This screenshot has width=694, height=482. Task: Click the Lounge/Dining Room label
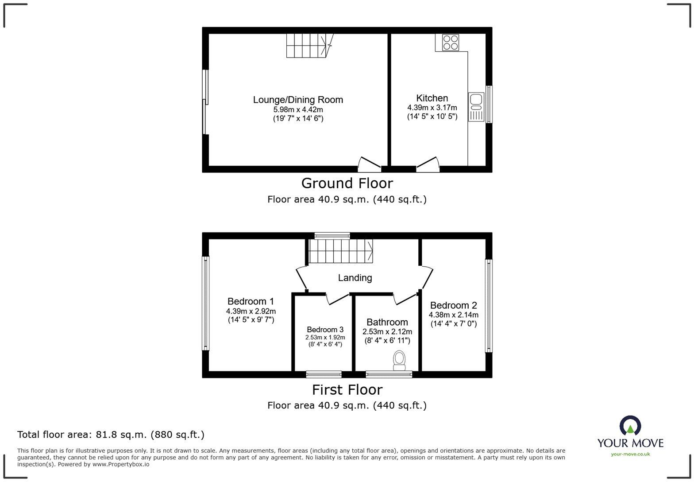pyautogui.click(x=298, y=100)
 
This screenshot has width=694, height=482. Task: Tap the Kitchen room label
pyautogui.click(x=432, y=98)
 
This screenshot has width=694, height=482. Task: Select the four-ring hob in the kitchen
pyautogui.click(x=451, y=43)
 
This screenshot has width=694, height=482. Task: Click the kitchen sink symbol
pyautogui.click(x=476, y=107)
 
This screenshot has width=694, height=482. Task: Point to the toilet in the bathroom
pyautogui.click(x=399, y=360)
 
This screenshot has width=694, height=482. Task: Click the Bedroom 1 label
pyautogui.click(x=251, y=301)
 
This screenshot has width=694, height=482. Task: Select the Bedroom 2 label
pyautogui.click(x=453, y=305)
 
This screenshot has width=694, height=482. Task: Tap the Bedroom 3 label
pyautogui.click(x=325, y=330)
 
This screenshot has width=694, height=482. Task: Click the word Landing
pyautogui.click(x=355, y=278)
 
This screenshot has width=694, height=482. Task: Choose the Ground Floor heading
pyautogui.click(x=347, y=183)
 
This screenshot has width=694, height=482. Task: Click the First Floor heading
pyautogui.click(x=347, y=390)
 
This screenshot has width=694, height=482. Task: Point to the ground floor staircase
pyautogui.click(x=308, y=46)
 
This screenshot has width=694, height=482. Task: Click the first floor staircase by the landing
pyautogui.click(x=340, y=251)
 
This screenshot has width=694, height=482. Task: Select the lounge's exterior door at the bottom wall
pyautogui.click(x=369, y=164)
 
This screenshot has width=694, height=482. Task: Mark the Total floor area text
pyautogui.click(x=111, y=435)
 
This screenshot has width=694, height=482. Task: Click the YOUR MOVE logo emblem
pyautogui.click(x=630, y=426)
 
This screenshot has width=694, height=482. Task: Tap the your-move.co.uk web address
pyautogui.click(x=630, y=454)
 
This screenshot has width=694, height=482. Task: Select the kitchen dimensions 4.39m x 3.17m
pyautogui.click(x=432, y=108)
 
